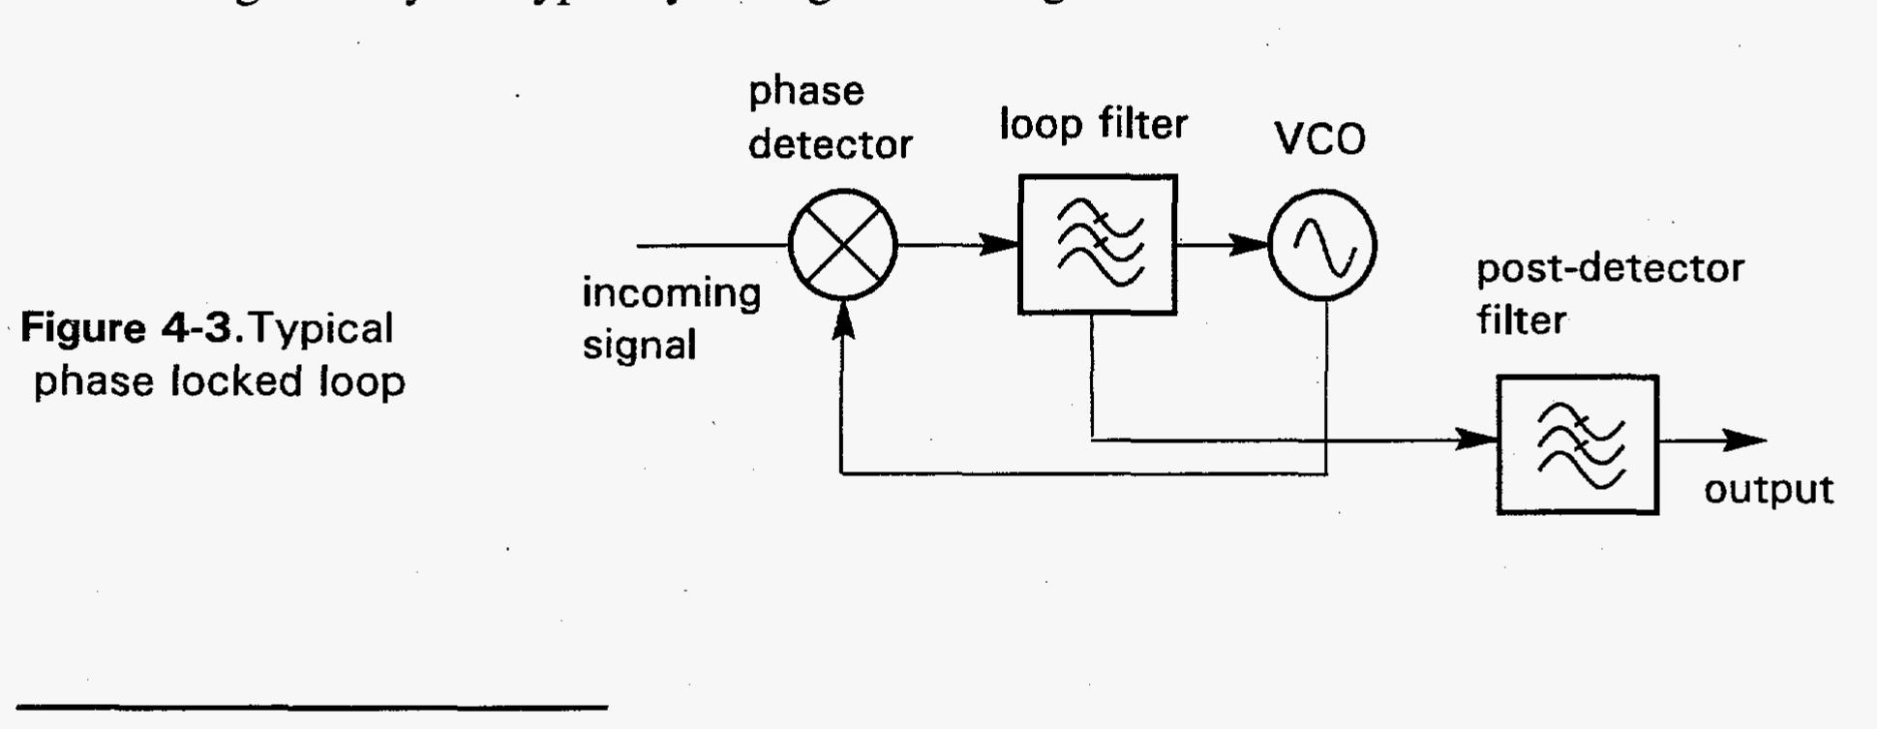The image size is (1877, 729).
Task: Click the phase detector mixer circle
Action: (843, 245)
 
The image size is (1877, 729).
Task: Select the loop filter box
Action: (1098, 245)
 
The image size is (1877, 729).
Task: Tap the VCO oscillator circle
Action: (1322, 245)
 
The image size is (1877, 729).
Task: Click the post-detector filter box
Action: (1578, 444)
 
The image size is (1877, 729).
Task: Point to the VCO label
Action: (1320, 140)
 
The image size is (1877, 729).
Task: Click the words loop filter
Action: (1093, 125)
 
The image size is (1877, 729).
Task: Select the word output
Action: (1769, 491)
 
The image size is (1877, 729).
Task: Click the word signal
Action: (639, 346)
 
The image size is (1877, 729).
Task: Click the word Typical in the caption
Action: (321, 329)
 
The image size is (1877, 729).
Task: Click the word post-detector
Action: (1609, 268)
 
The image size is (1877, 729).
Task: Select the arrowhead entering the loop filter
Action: (1001, 245)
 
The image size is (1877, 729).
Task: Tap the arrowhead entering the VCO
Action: (1250, 245)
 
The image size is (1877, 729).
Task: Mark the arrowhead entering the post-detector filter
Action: (1478, 440)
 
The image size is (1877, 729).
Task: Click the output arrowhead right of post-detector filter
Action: (1746, 441)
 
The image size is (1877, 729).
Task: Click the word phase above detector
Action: (805, 92)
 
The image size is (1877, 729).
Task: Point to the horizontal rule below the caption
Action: (304, 709)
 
